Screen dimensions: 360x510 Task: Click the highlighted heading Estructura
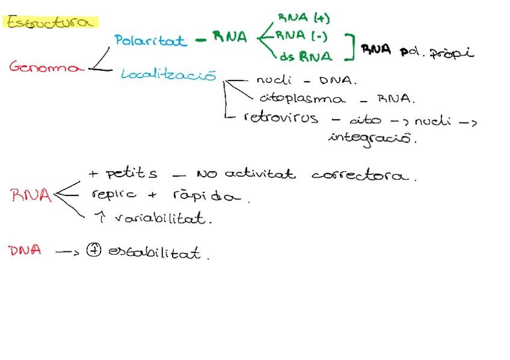tap(51, 22)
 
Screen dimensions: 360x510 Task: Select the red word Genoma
tap(46, 67)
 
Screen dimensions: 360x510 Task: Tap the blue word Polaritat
tap(150, 40)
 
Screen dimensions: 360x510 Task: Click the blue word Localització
tap(168, 75)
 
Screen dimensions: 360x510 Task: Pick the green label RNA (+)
tap(304, 18)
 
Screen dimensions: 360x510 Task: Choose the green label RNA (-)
tap(302, 36)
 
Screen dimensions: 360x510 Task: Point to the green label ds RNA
tap(306, 56)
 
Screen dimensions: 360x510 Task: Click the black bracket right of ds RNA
tap(349, 47)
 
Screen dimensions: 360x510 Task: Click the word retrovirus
tap(281, 118)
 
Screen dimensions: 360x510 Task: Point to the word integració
tap(372, 138)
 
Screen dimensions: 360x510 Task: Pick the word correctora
tap(364, 175)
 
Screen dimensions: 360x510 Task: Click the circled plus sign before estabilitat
tap(93, 251)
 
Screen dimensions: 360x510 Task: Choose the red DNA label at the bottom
tap(25, 251)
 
